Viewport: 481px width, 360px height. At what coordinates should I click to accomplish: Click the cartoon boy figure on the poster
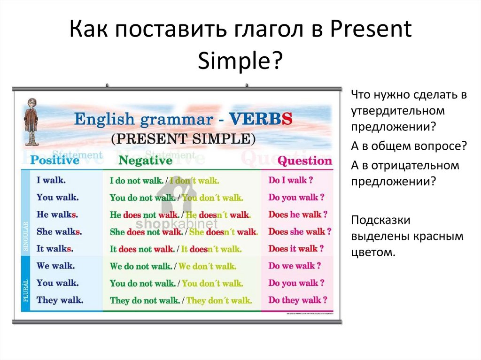point(31,122)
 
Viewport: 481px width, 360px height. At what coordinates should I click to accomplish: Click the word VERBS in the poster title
point(261,119)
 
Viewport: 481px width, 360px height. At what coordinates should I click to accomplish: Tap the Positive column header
point(55,161)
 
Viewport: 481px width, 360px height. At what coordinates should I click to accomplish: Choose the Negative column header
point(145,161)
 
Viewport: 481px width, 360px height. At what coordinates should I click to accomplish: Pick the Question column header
point(304,161)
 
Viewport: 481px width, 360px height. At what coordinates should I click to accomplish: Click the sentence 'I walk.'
point(51,180)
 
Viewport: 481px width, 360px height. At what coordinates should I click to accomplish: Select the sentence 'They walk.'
point(60,300)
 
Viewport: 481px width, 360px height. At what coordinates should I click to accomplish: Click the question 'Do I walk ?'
point(291,180)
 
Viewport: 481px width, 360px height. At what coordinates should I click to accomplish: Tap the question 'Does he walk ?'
point(298,214)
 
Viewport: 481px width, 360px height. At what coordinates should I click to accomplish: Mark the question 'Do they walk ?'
point(298,300)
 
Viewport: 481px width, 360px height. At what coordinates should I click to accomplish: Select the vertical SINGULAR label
point(26,236)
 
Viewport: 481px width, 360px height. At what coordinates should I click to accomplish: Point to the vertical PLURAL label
point(26,289)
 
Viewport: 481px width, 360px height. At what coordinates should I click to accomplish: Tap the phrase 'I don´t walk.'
point(194,180)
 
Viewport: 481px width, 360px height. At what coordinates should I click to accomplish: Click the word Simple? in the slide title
point(240,61)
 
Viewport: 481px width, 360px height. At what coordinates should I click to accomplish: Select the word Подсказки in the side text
point(381,220)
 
